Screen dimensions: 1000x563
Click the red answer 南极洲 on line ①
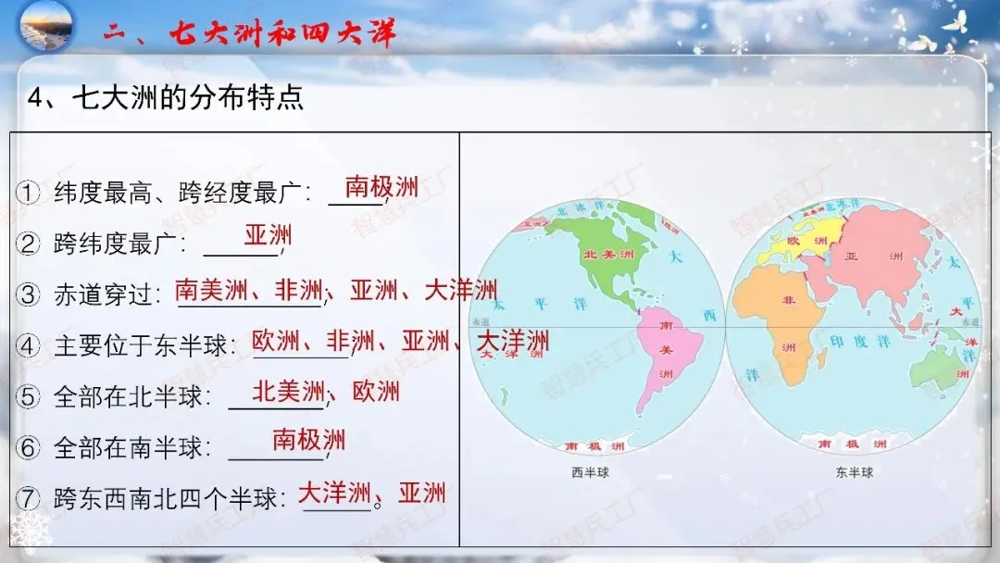(381, 188)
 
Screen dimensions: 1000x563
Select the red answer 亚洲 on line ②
(268, 234)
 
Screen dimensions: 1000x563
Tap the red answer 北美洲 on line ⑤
(289, 391)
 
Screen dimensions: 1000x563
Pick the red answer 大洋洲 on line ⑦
(333, 492)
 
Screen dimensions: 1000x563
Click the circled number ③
(29, 295)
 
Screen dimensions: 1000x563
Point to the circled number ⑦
(29, 499)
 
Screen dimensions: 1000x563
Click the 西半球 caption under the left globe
(590, 473)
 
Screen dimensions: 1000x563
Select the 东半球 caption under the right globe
(853, 473)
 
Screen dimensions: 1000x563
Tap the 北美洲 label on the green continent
(607, 254)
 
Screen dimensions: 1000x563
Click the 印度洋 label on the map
(859, 341)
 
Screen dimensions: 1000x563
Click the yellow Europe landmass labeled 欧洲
(794, 242)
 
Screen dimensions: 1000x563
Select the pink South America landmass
(665, 357)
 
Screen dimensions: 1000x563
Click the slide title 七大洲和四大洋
(282, 33)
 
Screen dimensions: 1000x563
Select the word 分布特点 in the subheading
(245, 98)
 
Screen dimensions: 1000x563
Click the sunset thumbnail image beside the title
(45, 27)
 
